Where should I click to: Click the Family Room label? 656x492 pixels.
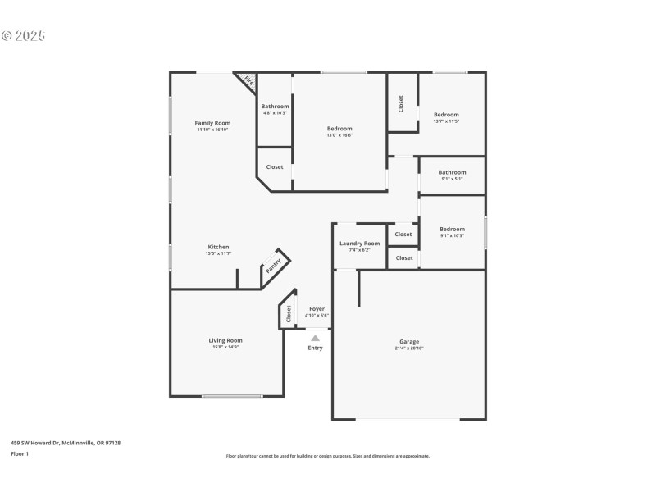pyautogui.click(x=212, y=123)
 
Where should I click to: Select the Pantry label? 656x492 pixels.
pyautogui.click(x=273, y=266)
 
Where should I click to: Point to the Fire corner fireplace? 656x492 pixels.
pyautogui.click(x=248, y=80)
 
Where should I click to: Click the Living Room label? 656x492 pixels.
pyautogui.click(x=225, y=340)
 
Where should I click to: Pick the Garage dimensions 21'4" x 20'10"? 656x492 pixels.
pyautogui.click(x=409, y=348)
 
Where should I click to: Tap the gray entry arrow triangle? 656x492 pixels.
pyautogui.click(x=315, y=336)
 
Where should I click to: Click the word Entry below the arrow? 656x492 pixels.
pyautogui.click(x=315, y=348)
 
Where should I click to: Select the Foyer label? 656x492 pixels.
pyautogui.click(x=317, y=309)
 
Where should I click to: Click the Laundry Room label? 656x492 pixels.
pyautogui.click(x=359, y=244)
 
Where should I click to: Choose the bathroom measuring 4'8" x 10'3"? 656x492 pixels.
pyautogui.click(x=275, y=110)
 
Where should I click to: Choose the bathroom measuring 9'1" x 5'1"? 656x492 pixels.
pyautogui.click(x=452, y=175)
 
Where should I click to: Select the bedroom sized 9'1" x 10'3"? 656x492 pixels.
pyautogui.click(x=452, y=232)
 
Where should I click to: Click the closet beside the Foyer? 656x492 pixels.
pyautogui.click(x=288, y=313)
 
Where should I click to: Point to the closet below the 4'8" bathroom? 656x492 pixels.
pyautogui.click(x=275, y=167)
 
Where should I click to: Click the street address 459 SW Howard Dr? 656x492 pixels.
pyautogui.click(x=66, y=443)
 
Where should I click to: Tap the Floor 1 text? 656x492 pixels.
pyautogui.click(x=19, y=453)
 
